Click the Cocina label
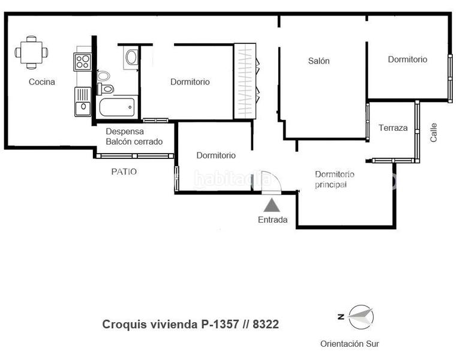point(42,82)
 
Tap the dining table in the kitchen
point(31,52)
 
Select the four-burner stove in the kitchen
point(82,61)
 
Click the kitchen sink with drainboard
point(82,101)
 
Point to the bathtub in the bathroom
point(117,108)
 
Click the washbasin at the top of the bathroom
point(131,57)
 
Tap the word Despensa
point(124,131)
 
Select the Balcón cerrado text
point(134,142)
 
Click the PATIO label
point(124,172)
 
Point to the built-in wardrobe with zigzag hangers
point(245,81)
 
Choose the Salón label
point(319,61)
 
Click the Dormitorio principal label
point(334,179)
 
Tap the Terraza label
point(393,128)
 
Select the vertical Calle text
point(434,133)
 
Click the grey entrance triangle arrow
point(272,205)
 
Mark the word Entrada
point(272,220)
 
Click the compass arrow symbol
point(360,317)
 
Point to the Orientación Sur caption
point(349,344)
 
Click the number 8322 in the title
point(266,325)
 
